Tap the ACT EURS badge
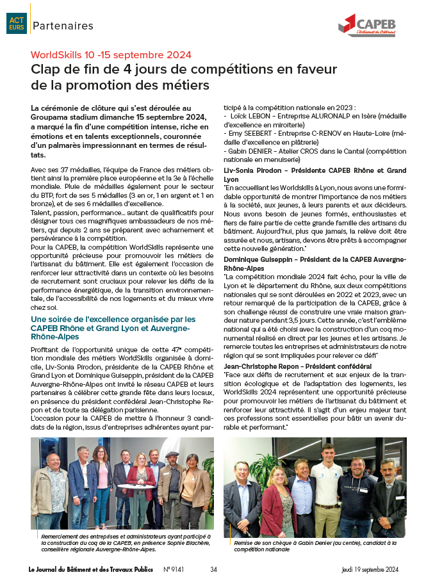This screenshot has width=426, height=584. [16, 24]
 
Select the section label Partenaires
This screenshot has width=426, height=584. [63, 26]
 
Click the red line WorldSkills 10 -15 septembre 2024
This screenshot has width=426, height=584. [111, 55]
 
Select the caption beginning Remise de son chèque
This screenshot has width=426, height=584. [314, 545]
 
